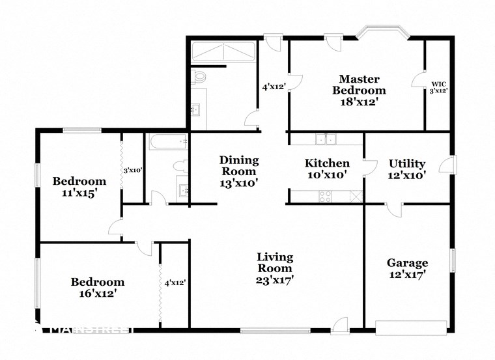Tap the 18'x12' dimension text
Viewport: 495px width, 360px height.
coord(359,102)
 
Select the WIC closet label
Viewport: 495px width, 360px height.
coord(438,84)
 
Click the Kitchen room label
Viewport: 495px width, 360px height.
coord(327,163)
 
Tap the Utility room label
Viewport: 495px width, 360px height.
coord(407,163)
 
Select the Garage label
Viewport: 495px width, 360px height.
coord(408,263)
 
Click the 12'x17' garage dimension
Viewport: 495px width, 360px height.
coord(408,275)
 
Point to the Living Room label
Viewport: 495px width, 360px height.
coord(274,262)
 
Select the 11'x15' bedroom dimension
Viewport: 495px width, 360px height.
coord(79,193)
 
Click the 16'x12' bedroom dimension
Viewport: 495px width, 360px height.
coord(98,294)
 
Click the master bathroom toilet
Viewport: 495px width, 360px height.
coord(199,76)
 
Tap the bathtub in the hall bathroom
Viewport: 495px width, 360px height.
coord(167,141)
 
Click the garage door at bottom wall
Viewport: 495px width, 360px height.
coord(411,326)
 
